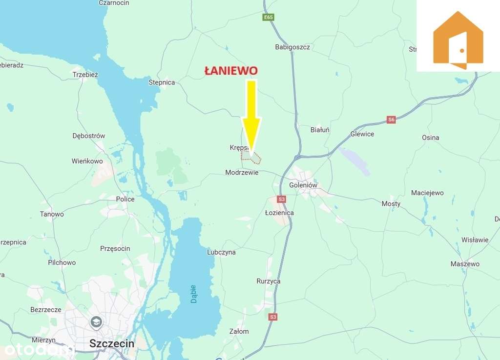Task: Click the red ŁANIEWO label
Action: tap(230, 71)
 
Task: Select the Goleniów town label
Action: tap(303, 185)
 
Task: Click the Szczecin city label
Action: tap(112, 343)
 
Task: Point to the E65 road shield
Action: tap(268, 17)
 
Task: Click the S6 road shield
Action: tap(391, 120)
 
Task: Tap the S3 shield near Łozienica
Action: tap(281, 199)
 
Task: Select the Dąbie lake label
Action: tap(194, 294)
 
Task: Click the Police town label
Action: tap(125, 199)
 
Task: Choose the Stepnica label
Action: tap(162, 82)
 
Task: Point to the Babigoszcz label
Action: tap(292, 47)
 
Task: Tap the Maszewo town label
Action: tap(465, 264)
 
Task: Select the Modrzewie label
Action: tap(242, 172)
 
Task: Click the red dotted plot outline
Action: tap(251, 157)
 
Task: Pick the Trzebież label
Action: tap(85, 75)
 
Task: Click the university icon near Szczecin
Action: tap(96, 322)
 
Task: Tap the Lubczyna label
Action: tap(221, 252)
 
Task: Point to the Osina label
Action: tap(430, 138)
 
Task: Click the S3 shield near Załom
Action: tap(273, 317)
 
